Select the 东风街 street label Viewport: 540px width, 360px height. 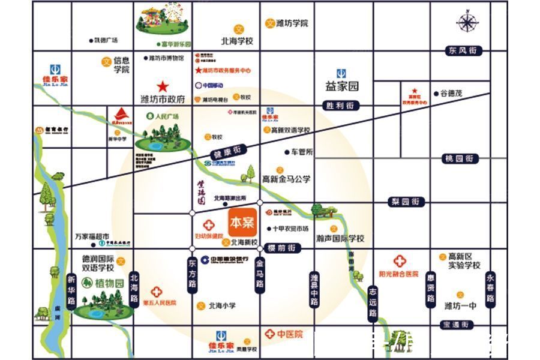coord(464,51)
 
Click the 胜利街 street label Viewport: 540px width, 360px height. coord(340,106)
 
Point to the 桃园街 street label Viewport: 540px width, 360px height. coord(460,158)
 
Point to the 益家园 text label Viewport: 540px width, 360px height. coord(342,86)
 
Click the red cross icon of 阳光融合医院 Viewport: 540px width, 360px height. coord(400,262)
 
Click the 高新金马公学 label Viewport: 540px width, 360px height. coord(286,179)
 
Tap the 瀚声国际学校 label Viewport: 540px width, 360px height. coord(340,238)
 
